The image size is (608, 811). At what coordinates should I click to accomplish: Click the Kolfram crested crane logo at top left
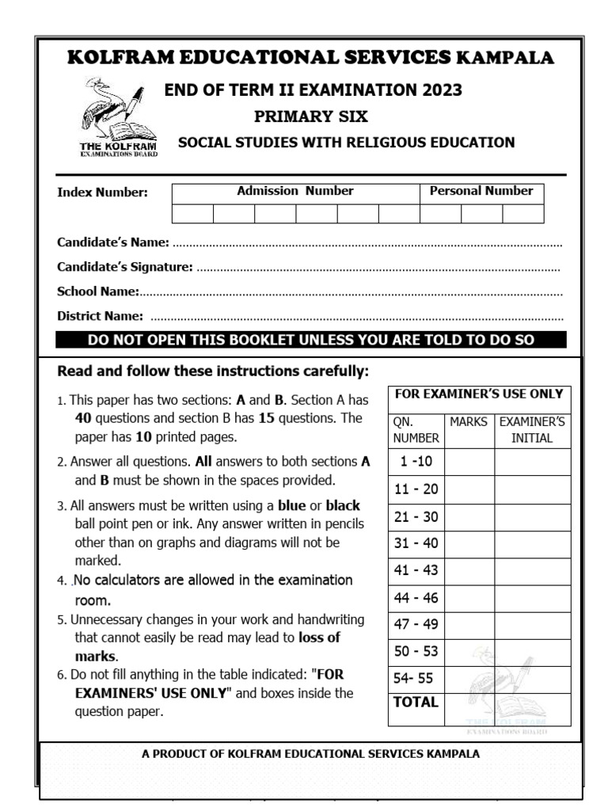tap(116, 116)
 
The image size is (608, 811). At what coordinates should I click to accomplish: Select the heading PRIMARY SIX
tap(310, 116)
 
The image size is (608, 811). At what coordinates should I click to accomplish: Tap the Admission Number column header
tap(295, 191)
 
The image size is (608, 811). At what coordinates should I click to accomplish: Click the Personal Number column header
tap(481, 191)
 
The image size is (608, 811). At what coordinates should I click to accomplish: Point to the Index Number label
tap(102, 192)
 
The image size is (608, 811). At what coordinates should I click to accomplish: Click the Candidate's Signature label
tap(124, 267)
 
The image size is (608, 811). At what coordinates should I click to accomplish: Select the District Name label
tap(100, 316)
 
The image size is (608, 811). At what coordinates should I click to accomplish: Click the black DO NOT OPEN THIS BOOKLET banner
tap(311, 341)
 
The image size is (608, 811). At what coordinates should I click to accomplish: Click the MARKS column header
tap(469, 422)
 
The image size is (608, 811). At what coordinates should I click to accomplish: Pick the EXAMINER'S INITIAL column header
tap(532, 430)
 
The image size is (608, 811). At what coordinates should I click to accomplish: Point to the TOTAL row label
tap(416, 702)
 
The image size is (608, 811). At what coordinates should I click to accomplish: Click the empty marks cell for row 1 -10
tap(469, 462)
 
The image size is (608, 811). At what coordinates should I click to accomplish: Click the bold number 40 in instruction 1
tap(85, 418)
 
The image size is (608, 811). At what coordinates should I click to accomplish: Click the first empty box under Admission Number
tap(192, 213)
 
